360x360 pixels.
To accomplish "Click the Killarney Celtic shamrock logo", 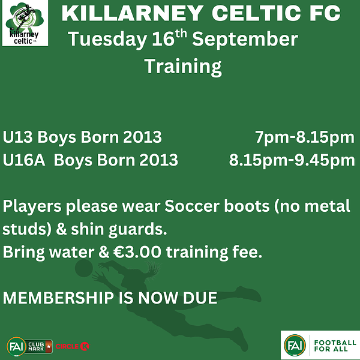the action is click(x=25, y=23).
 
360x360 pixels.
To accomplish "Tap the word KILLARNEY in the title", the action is click(x=133, y=13).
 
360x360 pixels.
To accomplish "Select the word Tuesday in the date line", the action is click(x=107, y=40).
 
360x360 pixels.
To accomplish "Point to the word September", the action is click(x=245, y=40).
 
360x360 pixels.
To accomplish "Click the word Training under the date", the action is click(x=183, y=67).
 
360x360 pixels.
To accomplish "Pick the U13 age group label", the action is click(x=17, y=137).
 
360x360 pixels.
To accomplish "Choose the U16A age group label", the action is click(x=24, y=160).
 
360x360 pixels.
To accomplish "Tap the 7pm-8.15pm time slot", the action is click(x=305, y=138).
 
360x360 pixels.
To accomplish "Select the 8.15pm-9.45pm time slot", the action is click(x=292, y=161).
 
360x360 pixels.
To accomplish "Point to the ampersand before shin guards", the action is click(x=61, y=229).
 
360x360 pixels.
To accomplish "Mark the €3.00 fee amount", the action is click(x=137, y=252).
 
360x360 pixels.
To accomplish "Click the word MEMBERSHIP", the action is click(x=58, y=298).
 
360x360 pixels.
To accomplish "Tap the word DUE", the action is click(x=200, y=298).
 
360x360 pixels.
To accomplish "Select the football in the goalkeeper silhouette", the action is click(x=84, y=268).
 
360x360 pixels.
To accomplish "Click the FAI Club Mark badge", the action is click(x=30, y=346).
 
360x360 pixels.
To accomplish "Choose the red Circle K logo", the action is click(x=73, y=346).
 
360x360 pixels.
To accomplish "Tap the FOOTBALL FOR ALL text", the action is click(x=335, y=346).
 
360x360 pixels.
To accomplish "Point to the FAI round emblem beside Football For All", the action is click(x=295, y=346).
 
